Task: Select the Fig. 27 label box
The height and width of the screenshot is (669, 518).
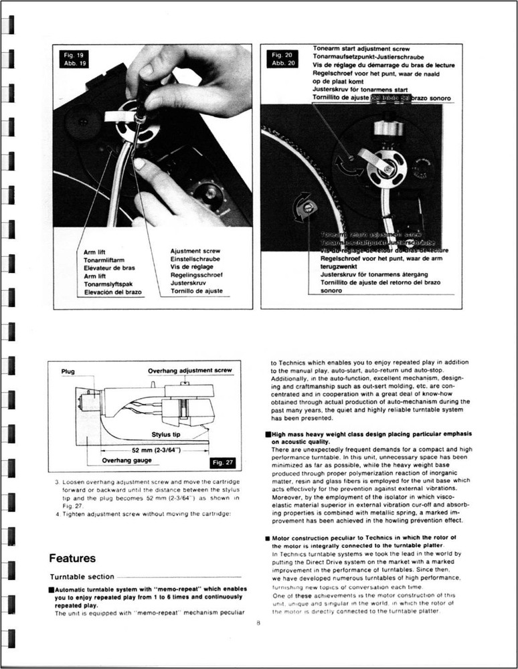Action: [222, 463]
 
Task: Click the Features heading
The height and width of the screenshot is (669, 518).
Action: [72, 558]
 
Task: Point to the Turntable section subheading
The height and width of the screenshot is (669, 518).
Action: [82, 577]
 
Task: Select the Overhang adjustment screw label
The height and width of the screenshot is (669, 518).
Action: [189, 370]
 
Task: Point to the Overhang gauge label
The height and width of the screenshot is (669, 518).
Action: [128, 460]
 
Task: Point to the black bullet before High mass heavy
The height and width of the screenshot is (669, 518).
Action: [267, 435]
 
